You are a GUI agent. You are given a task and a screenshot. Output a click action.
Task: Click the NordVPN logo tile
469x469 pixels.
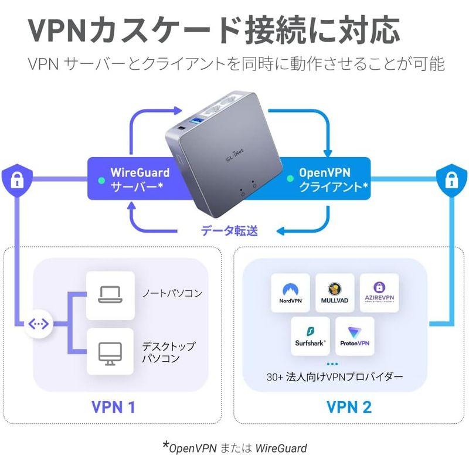click(x=290, y=293)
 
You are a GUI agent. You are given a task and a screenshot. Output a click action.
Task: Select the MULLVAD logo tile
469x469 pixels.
click(x=335, y=293)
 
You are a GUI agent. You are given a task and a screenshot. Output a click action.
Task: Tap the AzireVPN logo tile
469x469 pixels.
click(x=379, y=293)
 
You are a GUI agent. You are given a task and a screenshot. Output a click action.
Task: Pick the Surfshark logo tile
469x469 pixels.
click(x=311, y=336)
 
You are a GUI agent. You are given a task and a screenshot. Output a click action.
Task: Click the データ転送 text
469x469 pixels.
click(x=229, y=231)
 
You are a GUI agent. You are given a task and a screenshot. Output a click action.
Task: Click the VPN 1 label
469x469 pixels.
click(x=114, y=406)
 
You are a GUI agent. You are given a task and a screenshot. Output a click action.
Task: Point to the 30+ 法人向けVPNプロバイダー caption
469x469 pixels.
click(x=335, y=376)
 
